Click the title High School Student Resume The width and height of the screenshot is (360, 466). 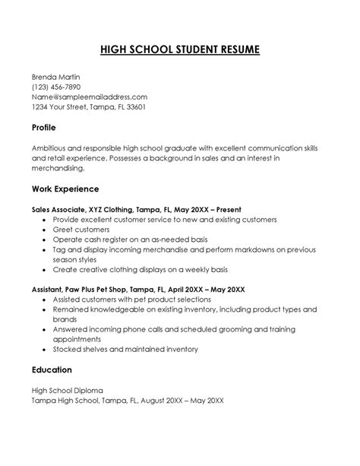pos(180,50)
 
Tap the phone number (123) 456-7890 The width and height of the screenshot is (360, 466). pos(58,87)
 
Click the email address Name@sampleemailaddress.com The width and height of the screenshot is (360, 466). pos(89,97)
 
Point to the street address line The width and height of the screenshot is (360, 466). pos(88,107)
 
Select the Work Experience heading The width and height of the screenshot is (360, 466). pos(65,188)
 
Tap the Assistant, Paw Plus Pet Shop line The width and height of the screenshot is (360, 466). pos(137,290)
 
